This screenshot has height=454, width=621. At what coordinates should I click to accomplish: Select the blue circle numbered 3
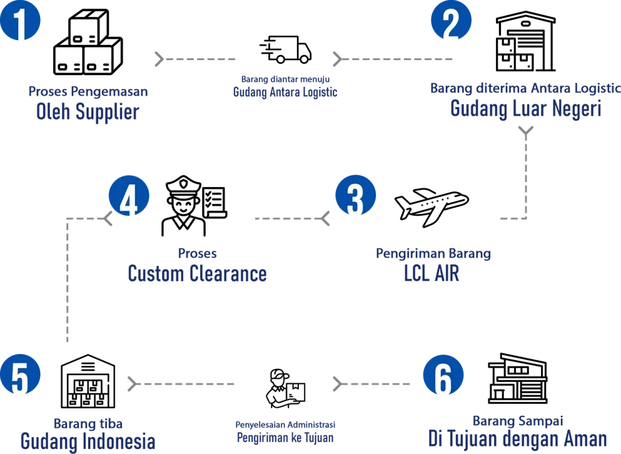pos(356,197)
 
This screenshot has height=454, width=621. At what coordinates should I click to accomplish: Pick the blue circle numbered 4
pos(129,198)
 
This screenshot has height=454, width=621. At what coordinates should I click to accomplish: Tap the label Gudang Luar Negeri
pos(525,110)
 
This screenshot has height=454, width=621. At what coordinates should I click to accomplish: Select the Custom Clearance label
pos(197,274)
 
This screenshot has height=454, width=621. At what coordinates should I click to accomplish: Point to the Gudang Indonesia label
pos(87,441)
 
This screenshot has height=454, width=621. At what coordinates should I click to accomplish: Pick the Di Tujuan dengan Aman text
pos(517,438)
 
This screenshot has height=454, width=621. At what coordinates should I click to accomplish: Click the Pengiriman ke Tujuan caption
pos(285,437)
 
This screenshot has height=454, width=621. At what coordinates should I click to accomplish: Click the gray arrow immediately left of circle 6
pos(372,383)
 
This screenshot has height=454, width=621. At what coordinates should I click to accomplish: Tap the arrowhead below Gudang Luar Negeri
pos(525,130)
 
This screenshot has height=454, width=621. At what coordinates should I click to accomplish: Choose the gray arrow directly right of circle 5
pos(182,383)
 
